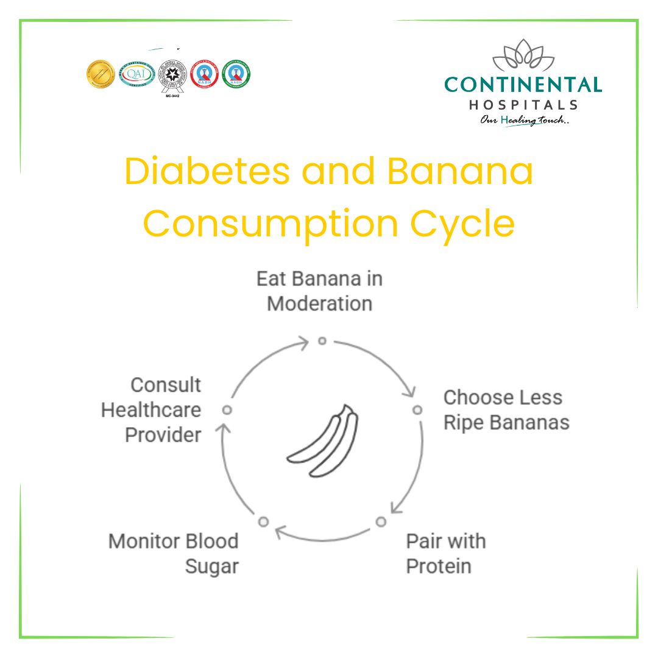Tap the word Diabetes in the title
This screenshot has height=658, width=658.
pos(207,172)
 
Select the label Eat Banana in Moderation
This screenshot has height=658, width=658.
pos(320,291)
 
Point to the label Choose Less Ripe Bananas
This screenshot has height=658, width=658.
pos(506,410)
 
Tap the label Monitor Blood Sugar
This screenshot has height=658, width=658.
pos(174,553)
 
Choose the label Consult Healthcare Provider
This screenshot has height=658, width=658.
pos(152,410)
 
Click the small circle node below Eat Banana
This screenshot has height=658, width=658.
pos(322,341)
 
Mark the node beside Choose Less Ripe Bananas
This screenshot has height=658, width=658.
pos(417,410)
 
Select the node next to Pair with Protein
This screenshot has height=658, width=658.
pos(381,522)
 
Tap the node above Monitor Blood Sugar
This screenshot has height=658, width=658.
pos(263,522)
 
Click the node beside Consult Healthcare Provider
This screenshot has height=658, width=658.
pos(227,410)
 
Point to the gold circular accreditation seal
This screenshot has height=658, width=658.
pos(101,74)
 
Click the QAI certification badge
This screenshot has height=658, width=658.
pos(135,74)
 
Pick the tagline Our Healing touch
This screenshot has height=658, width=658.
pos(523,120)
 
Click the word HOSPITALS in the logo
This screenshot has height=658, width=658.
pos(523,105)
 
